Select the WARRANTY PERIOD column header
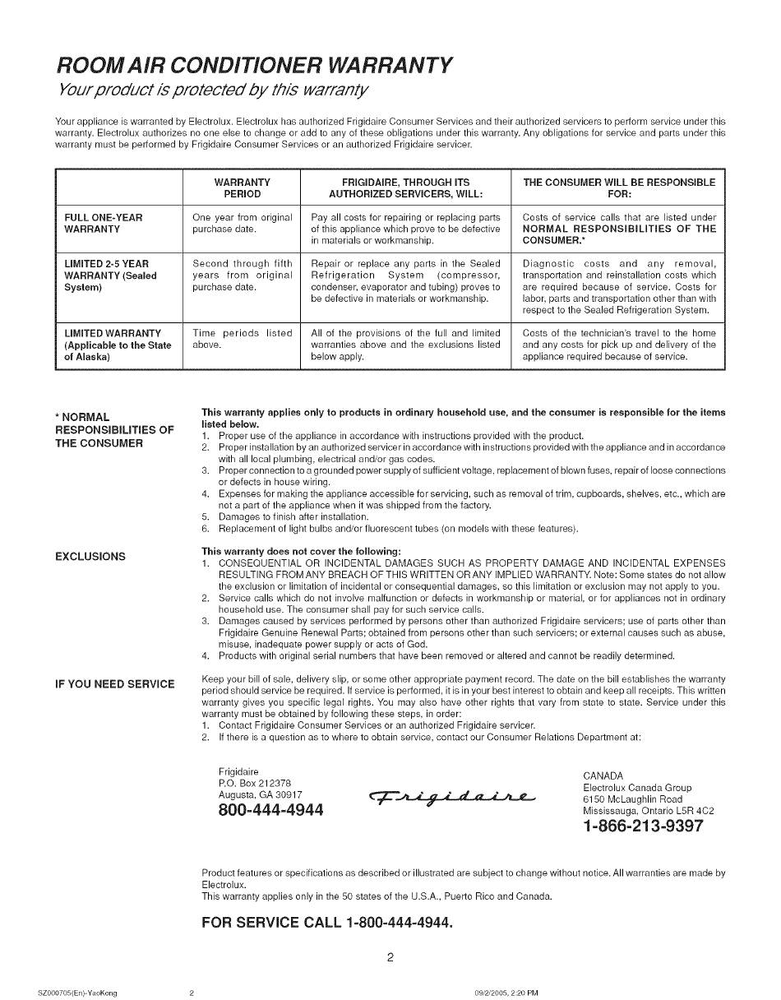click(x=242, y=187)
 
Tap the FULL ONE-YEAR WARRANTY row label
click(x=104, y=223)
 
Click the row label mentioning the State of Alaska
click(x=118, y=345)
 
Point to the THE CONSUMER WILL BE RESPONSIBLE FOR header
click(x=618, y=187)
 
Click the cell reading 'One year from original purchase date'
click(x=242, y=223)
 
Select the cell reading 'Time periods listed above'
click(x=242, y=339)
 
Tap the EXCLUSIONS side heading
click(x=90, y=557)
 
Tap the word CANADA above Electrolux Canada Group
click(x=603, y=775)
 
